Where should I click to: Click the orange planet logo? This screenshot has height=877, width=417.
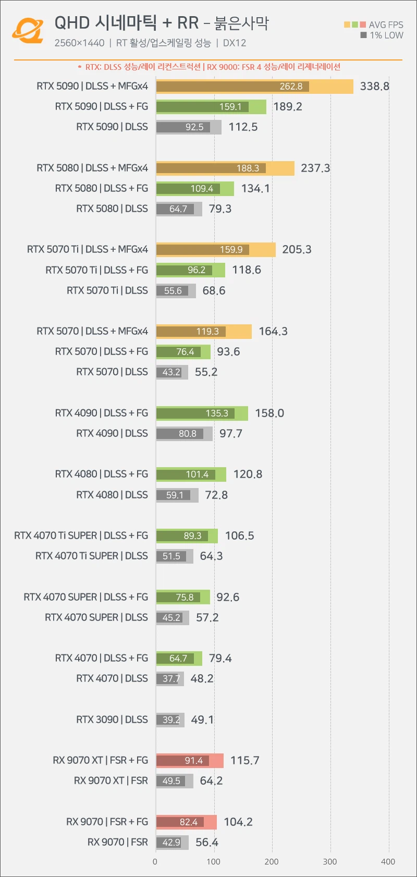click(27, 31)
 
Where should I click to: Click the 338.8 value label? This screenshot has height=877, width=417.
click(374, 87)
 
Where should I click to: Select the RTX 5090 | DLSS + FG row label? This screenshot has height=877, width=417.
click(102, 107)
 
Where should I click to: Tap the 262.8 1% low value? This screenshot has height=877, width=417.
click(291, 87)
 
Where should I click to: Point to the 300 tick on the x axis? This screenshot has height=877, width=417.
click(330, 861)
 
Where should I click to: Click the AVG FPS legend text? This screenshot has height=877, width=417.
click(386, 25)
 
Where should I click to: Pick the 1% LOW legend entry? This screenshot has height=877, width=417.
click(386, 35)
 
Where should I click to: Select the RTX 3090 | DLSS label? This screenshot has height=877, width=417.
click(112, 720)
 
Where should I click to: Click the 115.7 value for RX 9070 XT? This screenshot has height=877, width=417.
click(244, 761)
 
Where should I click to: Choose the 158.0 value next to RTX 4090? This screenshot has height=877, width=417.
click(269, 413)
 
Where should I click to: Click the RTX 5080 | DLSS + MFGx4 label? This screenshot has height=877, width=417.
click(92, 168)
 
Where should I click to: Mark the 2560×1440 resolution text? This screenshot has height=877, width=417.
click(79, 43)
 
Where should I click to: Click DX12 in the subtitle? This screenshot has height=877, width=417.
click(235, 43)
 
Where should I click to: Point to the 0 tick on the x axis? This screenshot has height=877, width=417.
click(155, 861)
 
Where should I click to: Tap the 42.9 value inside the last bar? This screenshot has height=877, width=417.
click(171, 843)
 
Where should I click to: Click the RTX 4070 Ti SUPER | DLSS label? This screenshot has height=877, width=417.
click(92, 556)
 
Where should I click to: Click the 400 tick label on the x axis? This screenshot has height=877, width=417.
click(388, 861)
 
